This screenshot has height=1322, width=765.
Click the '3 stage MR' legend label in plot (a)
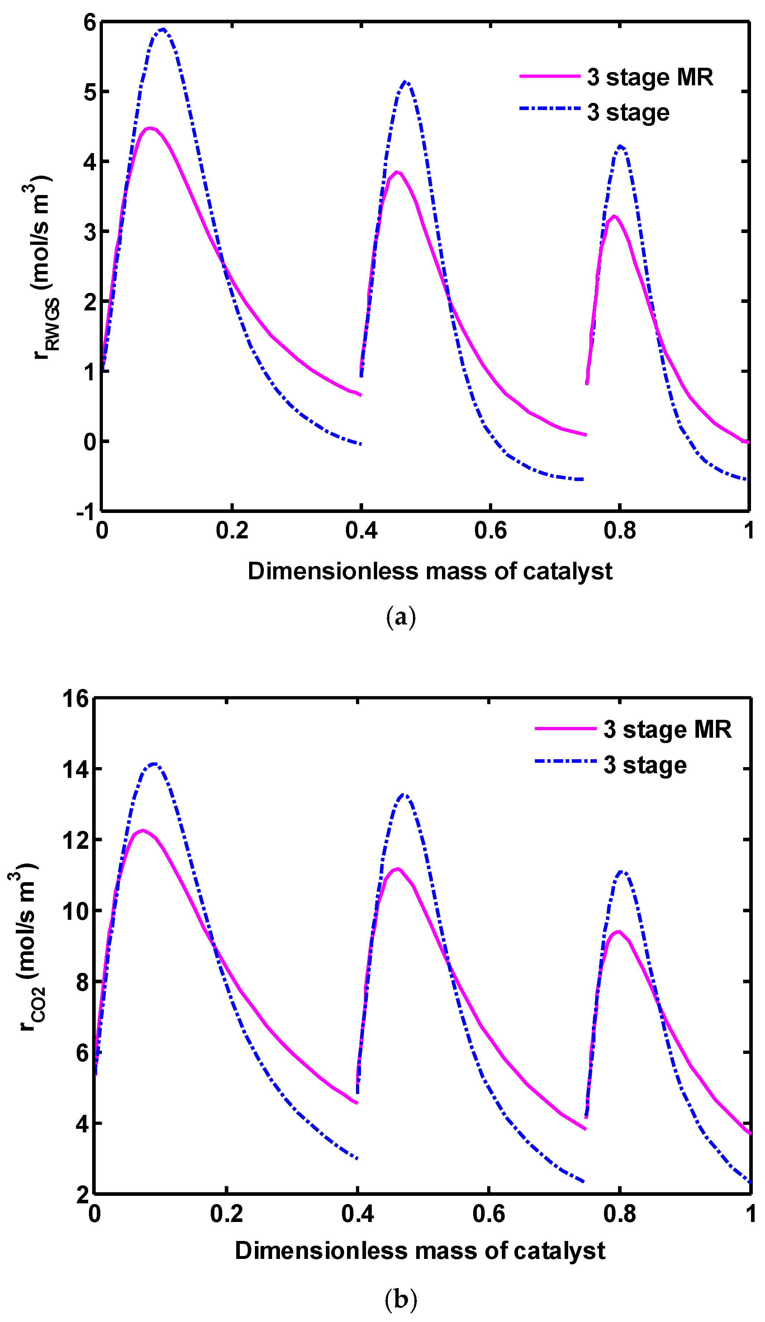tap(650, 78)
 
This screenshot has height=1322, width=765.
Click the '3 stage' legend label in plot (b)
tap(645, 765)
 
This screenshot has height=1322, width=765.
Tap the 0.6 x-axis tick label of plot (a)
tap(490, 531)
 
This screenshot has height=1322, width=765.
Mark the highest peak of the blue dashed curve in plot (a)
tap(163, 29)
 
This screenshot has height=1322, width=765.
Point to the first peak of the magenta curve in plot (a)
tap(149, 128)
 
